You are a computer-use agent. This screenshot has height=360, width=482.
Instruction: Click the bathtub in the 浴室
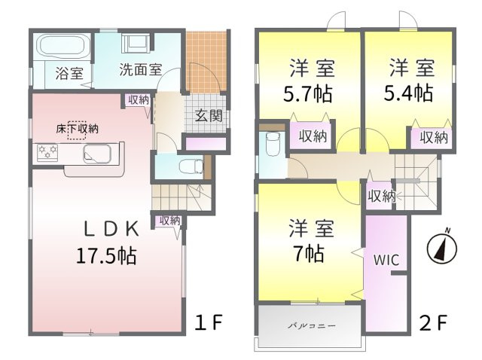click(x=61, y=47)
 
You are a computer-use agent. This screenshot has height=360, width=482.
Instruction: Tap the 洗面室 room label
click(x=141, y=70)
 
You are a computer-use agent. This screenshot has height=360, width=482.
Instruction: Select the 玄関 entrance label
click(x=209, y=116)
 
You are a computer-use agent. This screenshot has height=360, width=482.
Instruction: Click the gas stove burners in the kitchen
click(x=47, y=152)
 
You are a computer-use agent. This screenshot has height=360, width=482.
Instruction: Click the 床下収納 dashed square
click(x=77, y=130)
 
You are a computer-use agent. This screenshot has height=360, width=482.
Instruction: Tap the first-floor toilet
click(x=191, y=166)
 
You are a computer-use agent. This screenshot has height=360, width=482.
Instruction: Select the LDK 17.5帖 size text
click(x=106, y=256)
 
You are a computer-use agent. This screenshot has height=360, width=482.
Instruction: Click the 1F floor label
click(x=209, y=322)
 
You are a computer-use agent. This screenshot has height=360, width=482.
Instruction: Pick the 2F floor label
click(x=433, y=323)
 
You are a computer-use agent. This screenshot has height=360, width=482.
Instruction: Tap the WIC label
click(x=386, y=260)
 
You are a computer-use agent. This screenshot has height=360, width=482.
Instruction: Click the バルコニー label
click(x=312, y=325)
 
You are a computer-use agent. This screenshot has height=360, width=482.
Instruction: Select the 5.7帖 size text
click(x=307, y=94)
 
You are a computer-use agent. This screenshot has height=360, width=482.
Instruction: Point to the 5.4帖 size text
click(x=408, y=93)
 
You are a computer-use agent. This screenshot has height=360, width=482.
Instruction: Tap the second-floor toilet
click(x=273, y=144)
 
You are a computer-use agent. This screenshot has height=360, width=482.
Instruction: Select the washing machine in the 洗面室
click(x=136, y=43)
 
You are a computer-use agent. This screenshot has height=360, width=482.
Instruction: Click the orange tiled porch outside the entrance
click(x=207, y=61)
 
